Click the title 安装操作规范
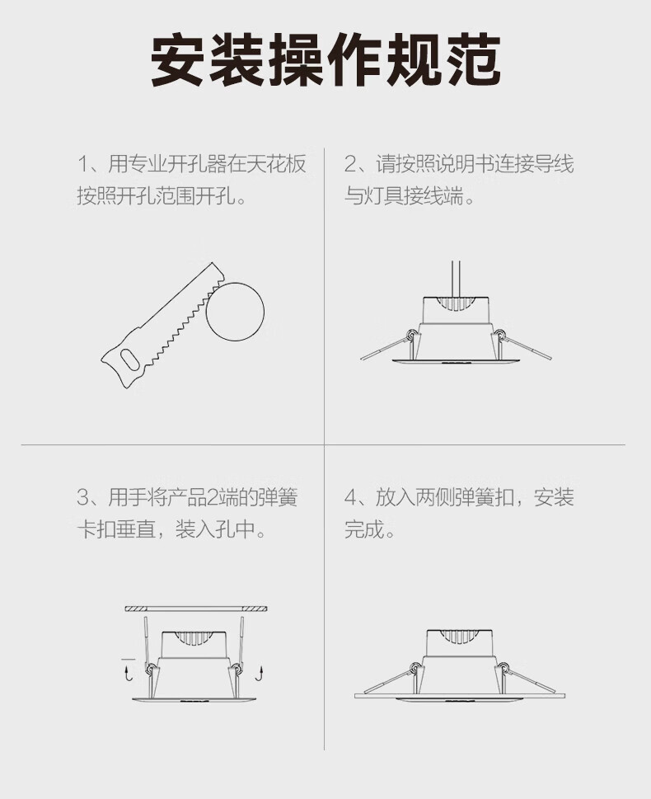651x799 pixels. coord(325,59)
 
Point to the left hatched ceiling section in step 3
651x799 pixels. coord(137,609)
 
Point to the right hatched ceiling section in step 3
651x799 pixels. coord(255,609)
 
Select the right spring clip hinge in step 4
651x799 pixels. coord(503,667)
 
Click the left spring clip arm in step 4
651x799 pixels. coord(387,679)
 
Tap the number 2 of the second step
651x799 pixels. coord(351,164)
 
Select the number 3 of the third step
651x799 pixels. coord(83,497)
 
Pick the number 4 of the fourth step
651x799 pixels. coord(351,497)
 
